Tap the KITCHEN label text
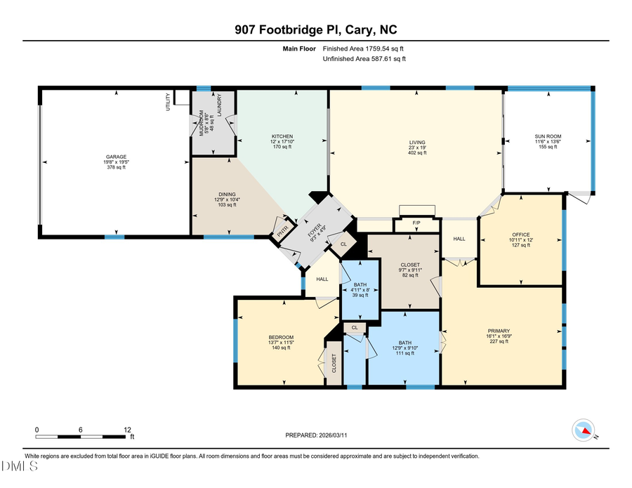[282, 136]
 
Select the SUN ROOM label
[548, 136]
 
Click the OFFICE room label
[520, 235]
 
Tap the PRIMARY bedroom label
[499, 331]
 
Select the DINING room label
[226, 194]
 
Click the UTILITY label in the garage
[169, 103]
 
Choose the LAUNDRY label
[220, 105]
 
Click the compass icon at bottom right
[584, 429]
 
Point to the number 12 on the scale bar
[128, 429]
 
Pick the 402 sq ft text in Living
[417, 153]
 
